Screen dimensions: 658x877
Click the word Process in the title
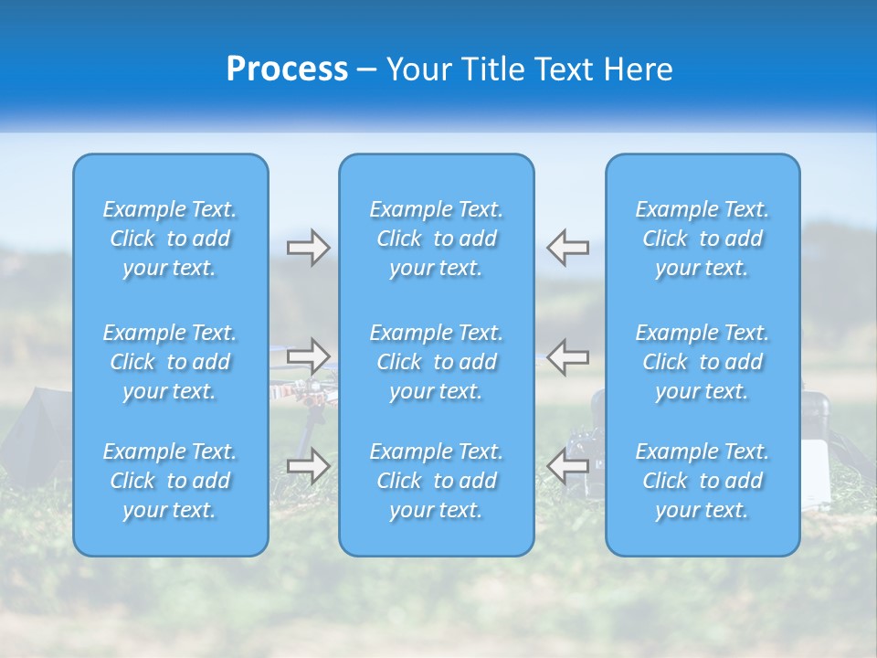[287, 69]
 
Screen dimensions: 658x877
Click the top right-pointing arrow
[308, 248]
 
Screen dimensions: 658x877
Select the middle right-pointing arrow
[308, 356]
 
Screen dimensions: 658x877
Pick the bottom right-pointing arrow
[308, 466]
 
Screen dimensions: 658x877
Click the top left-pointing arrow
[568, 248]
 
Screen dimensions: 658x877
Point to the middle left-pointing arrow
[568, 356]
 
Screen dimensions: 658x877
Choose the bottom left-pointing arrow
[568, 466]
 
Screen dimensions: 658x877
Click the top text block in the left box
[170, 239]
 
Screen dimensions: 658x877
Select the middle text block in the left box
[170, 362]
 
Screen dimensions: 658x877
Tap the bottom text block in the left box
[170, 481]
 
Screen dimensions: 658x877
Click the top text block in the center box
[437, 239]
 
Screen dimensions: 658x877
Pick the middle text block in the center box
[437, 362]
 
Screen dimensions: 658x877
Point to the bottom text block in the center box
[437, 481]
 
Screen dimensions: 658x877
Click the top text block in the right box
[703, 239]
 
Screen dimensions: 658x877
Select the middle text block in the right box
[703, 362]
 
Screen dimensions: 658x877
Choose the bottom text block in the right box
[703, 481]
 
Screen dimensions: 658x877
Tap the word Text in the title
[559, 69]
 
